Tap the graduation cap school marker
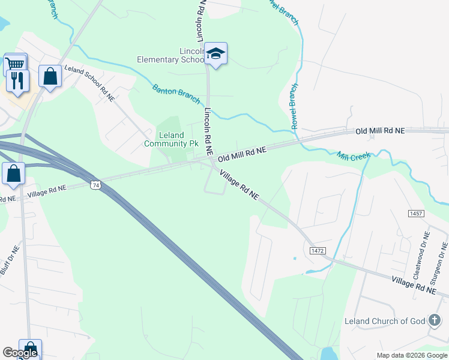click(x=215, y=54)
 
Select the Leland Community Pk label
click(x=171, y=139)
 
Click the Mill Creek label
click(x=354, y=155)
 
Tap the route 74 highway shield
click(x=95, y=186)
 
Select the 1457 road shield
click(x=415, y=213)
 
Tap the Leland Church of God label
click(x=385, y=321)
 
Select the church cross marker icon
click(x=434, y=320)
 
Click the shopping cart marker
click(x=15, y=63)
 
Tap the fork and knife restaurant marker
click(x=17, y=80)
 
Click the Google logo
click(x=20, y=353)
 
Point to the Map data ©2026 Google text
click(x=411, y=355)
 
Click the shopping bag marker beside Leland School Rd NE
click(x=50, y=76)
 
